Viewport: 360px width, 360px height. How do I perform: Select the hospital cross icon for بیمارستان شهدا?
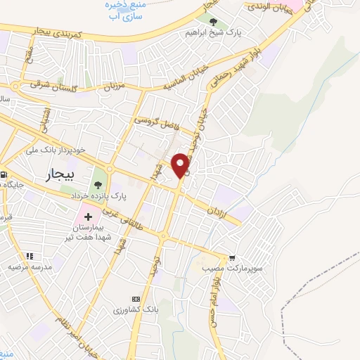(89, 216)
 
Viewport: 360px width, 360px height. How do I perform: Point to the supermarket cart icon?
(232, 258)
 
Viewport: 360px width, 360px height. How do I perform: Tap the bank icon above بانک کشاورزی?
(136, 298)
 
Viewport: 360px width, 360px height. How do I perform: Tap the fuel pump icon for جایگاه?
(4, 174)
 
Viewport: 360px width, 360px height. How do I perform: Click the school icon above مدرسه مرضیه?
(29, 256)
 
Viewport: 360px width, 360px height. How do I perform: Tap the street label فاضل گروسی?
(158, 123)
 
